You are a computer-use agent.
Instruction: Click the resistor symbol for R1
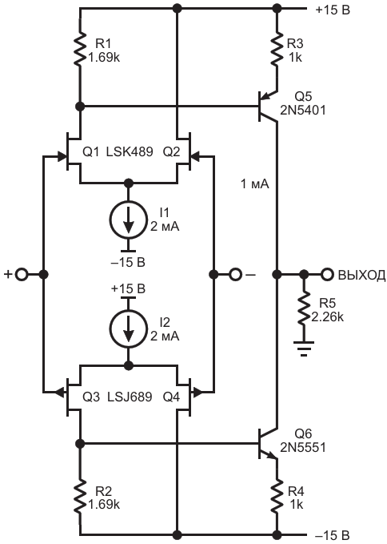[80, 49]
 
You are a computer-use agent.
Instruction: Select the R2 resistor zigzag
[80, 497]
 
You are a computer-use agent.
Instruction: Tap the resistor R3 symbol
[277, 49]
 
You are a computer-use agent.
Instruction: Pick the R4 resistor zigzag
[277, 497]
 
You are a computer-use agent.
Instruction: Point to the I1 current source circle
[129, 220]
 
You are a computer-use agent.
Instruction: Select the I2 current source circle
[129, 329]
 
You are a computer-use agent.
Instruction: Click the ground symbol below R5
[304, 349]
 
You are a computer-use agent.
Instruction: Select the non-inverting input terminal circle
[22, 275]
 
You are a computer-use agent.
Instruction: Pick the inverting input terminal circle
[235, 275]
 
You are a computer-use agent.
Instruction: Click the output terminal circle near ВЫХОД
[326, 275]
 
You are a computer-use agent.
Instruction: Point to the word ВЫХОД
[361, 275]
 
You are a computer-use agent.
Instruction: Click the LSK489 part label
[130, 151]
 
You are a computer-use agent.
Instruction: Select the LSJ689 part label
[130, 397]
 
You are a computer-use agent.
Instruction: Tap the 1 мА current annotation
[255, 184]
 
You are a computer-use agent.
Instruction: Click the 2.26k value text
[328, 316]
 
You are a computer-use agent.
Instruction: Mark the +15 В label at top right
[333, 10]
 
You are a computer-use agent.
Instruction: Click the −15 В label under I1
[128, 262]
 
